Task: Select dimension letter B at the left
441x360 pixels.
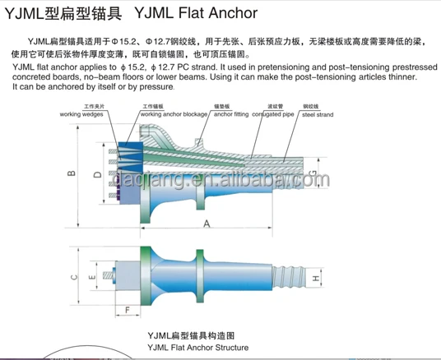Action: pyautogui.click(x=72, y=173)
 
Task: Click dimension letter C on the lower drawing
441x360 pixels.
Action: pyautogui.click(x=72, y=278)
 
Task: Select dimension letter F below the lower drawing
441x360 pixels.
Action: pyautogui.click(x=128, y=310)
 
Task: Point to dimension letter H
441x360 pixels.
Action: pyautogui.click(x=315, y=279)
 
